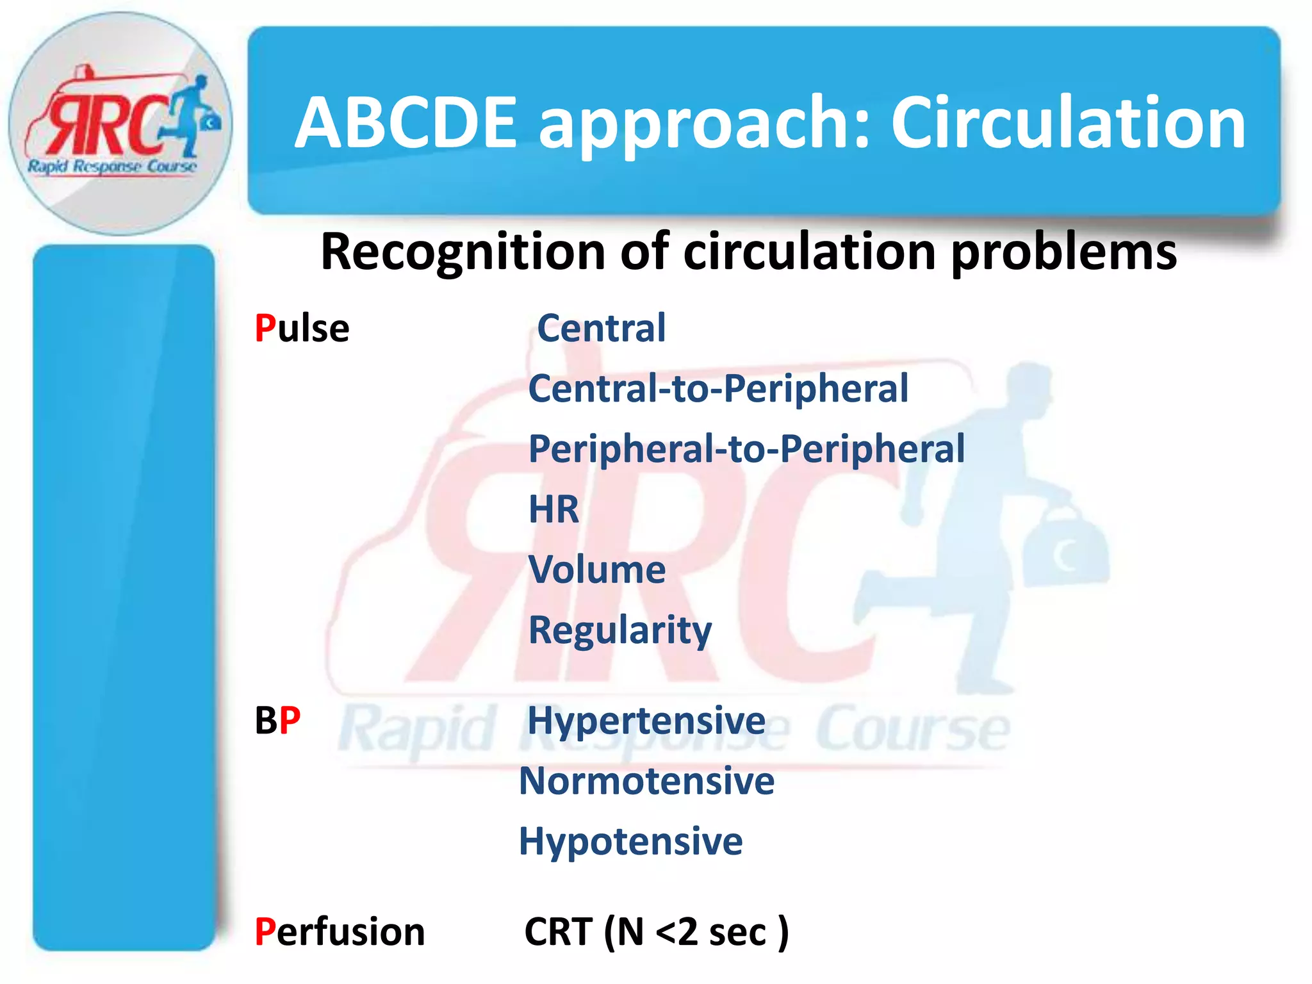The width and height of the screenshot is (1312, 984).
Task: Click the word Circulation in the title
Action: click(x=1068, y=123)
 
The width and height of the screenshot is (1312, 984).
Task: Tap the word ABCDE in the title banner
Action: click(x=405, y=123)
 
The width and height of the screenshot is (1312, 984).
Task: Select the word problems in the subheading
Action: click(x=1063, y=252)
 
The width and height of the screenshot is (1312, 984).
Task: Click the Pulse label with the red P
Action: click(x=302, y=329)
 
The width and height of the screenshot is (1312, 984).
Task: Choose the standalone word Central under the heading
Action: click(x=601, y=329)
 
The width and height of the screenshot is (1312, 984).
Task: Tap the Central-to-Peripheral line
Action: click(x=717, y=389)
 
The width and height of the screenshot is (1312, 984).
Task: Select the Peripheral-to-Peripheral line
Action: click(x=746, y=449)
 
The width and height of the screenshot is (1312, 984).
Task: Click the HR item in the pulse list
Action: click(x=553, y=509)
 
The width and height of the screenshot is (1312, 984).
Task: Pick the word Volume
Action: click(x=596, y=570)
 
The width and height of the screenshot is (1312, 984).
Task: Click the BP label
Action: click(x=277, y=721)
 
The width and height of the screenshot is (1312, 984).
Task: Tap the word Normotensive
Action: click(x=646, y=782)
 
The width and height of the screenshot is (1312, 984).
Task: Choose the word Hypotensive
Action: click(x=630, y=842)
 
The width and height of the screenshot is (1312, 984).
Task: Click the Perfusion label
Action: click(x=340, y=932)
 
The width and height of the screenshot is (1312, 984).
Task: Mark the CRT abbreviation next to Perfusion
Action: click(x=557, y=932)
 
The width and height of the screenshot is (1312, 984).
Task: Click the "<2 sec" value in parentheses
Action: click(x=711, y=932)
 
